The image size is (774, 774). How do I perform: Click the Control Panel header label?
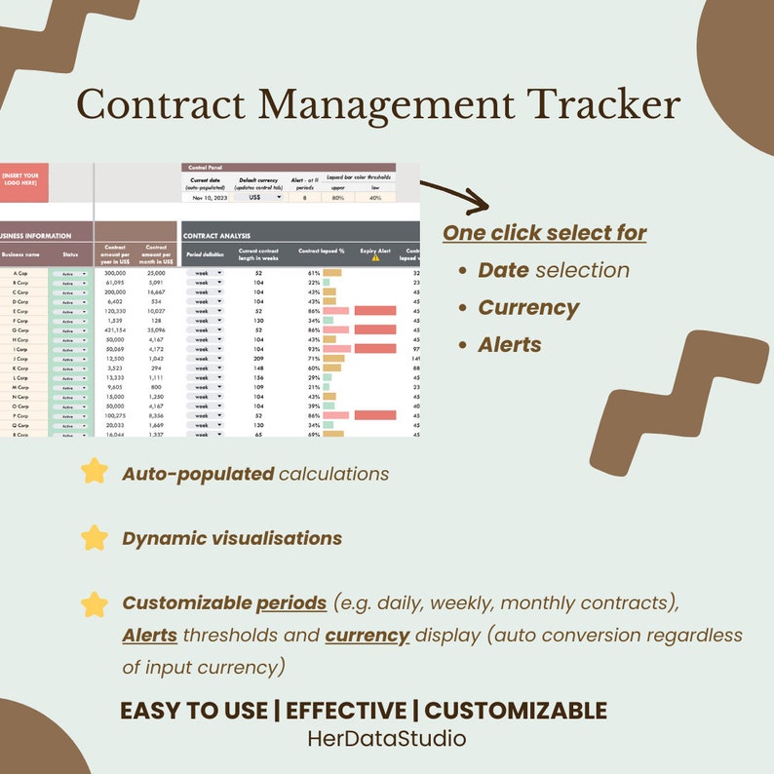[206, 168]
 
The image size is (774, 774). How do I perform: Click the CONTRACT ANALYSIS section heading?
[217, 236]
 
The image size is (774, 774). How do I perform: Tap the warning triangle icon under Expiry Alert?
[375, 258]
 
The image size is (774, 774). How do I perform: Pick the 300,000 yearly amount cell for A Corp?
[114, 273]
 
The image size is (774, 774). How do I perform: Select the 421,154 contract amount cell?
[114, 329]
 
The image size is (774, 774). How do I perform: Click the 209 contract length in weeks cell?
[259, 359]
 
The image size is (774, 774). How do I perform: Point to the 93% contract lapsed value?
[314, 349]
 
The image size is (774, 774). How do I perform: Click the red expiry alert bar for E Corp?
[375, 311]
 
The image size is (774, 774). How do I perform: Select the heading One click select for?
[545, 233]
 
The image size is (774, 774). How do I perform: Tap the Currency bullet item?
[528, 308]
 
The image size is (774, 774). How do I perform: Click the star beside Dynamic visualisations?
[95, 538]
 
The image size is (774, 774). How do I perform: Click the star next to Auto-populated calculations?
[95, 473]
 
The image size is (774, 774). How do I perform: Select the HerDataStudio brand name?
[386, 739]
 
